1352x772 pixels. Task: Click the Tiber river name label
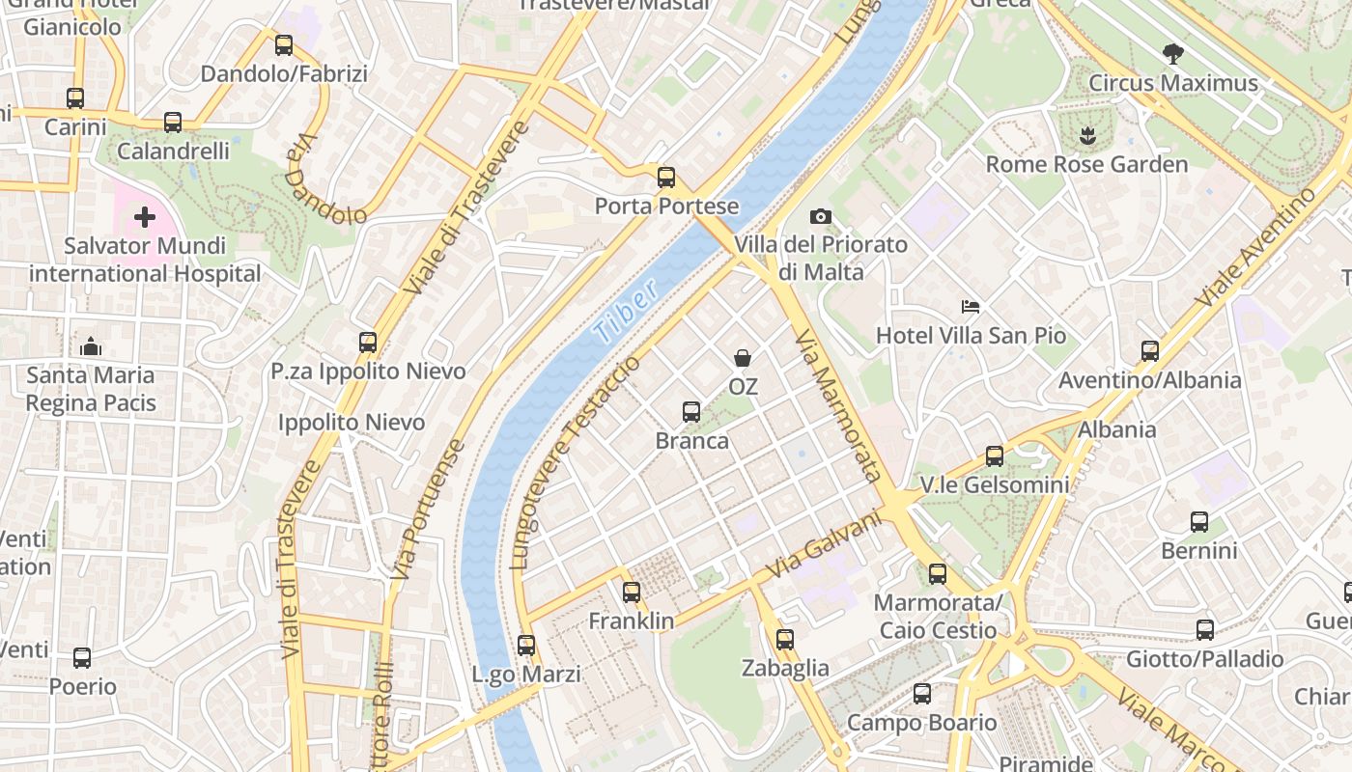[627, 311]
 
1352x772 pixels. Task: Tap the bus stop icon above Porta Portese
[666, 178]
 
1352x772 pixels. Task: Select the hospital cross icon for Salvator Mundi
[145, 217]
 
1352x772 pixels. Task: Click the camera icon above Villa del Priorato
[821, 216]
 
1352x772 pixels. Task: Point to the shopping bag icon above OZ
[743, 358]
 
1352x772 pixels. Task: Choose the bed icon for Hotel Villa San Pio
[971, 307]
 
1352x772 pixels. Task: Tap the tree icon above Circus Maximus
[1173, 54]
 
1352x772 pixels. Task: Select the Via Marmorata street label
[837, 405]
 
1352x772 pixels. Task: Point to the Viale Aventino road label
[1254, 248]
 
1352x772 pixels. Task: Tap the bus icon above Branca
[691, 412]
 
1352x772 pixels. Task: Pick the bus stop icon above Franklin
[632, 593]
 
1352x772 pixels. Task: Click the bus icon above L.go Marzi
[526, 646]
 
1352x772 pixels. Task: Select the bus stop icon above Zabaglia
[785, 639]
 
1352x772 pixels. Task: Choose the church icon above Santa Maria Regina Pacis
[91, 345]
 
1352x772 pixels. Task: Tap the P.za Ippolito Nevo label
[368, 372]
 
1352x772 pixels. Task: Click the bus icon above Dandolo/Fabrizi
[284, 44]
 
